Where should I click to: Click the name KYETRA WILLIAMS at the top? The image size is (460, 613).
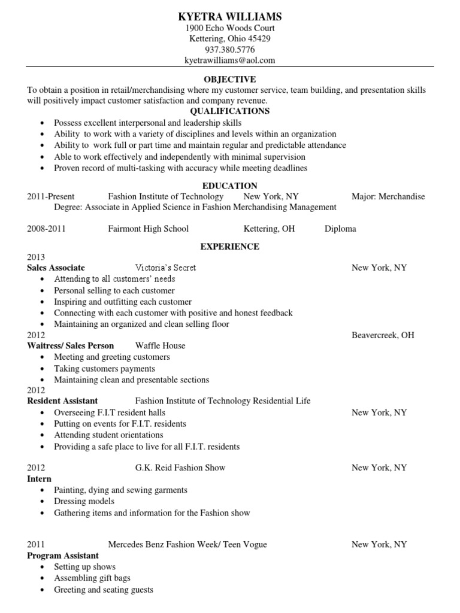coord(230,16)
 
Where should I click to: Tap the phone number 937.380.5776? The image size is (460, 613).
coord(230,50)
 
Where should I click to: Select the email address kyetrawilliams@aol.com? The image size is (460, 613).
coord(230,60)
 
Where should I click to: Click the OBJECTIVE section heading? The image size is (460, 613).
coord(230,79)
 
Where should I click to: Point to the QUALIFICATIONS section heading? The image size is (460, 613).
coord(230,111)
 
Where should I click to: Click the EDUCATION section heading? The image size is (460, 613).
coord(230,186)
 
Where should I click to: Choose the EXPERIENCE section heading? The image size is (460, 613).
coord(230,246)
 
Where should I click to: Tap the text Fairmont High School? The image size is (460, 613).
coord(148,229)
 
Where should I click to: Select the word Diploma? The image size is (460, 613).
coord(340,229)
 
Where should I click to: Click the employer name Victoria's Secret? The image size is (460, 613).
coord(166,268)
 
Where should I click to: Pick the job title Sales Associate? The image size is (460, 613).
coord(56,268)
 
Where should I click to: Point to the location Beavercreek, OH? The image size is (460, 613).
coord(383,335)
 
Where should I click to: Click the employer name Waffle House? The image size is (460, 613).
coord(160,345)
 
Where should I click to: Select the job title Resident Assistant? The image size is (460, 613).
coord(62,400)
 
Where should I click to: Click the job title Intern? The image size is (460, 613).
coord(40,479)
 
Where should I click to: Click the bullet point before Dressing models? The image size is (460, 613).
coord(41,502)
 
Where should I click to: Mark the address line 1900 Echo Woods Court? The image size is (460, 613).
coord(230,28)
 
